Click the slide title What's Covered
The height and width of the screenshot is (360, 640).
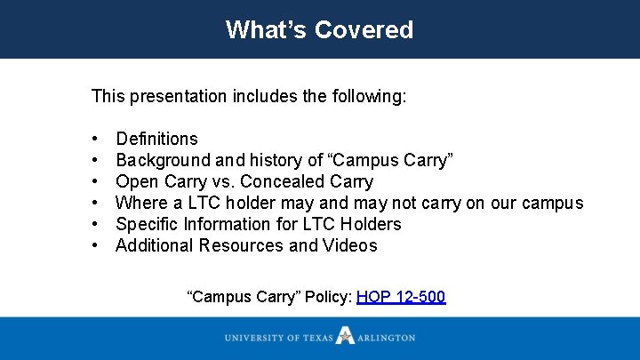click(319, 29)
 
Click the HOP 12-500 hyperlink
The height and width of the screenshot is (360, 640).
click(400, 296)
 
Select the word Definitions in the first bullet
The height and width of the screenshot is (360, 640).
click(156, 139)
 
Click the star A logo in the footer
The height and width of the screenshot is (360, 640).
click(345, 337)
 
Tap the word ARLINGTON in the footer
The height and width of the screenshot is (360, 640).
click(386, 338)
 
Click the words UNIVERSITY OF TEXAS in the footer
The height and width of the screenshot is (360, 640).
click(278, 338)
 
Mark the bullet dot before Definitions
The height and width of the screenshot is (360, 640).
click(94, 140)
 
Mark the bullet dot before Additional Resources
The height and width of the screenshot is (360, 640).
click(94, 246)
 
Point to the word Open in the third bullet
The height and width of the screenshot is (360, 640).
click(136, 181)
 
